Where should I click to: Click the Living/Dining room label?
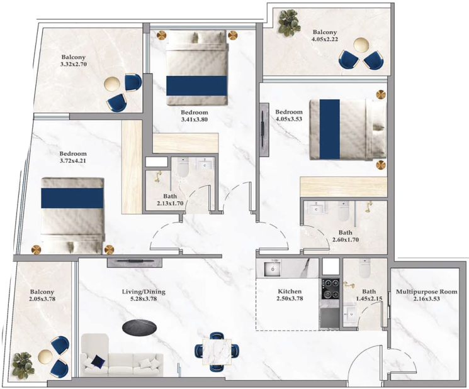144,292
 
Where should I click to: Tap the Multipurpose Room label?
427,292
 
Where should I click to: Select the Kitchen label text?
290,292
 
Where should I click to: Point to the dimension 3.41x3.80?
194,119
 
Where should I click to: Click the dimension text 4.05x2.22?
325,39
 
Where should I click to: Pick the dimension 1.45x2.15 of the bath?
369,299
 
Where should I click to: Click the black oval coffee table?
139,327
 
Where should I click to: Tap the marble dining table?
217,352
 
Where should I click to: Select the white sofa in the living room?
122,355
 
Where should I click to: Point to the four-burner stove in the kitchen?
331,288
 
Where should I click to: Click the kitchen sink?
273,268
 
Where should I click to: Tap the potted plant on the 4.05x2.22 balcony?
288,23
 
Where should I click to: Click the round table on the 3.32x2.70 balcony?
111,84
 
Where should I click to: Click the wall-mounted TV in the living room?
135,263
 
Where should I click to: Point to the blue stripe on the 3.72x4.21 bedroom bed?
72,198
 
